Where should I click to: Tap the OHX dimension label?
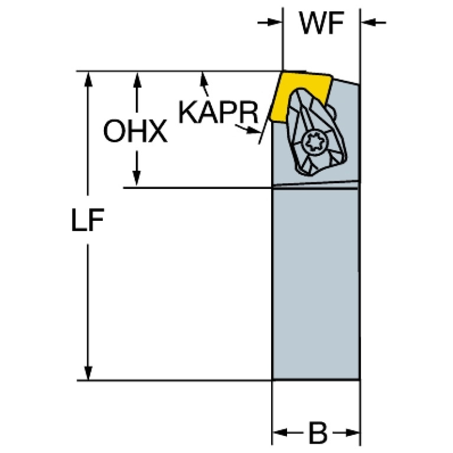pos(135,132)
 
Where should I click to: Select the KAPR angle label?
pos(219,112)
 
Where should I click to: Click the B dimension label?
pos(317,434)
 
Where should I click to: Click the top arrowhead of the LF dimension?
pos(88,80)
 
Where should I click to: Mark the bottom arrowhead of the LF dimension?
pos(88,372)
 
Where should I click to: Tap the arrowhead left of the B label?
pos(282,434)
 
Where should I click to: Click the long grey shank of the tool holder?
pos(315,283)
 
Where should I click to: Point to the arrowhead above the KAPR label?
pos(204,79)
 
